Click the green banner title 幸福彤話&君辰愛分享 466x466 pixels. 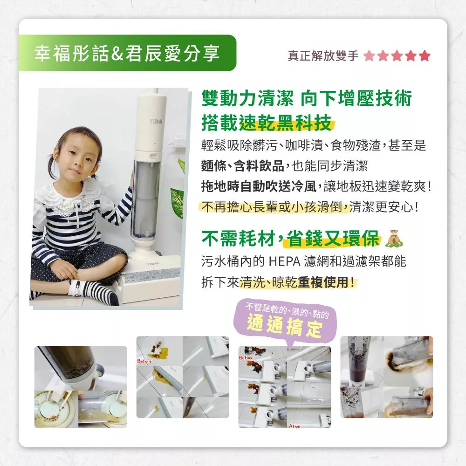point(127,54)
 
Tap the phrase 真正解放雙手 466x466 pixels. point(323,55)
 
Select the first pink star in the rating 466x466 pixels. point(369,55)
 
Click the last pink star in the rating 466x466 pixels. point(425,55)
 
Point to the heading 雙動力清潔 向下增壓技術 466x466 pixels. point(307,98)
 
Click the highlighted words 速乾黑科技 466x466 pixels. point(286,123)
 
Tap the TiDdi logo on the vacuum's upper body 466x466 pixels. point(156,122)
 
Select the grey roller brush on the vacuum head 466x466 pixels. point(151,276)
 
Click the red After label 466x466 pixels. point(295,426)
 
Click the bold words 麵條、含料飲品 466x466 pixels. point(242,166)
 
